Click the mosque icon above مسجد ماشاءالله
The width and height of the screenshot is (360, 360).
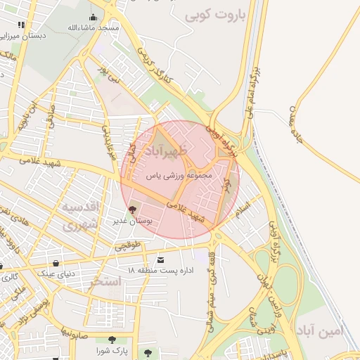(94, 18)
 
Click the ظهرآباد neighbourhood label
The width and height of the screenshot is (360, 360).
(167, 151)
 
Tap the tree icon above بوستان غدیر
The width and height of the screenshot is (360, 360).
(131, 210)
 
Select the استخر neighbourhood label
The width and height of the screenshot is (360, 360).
(105, 281)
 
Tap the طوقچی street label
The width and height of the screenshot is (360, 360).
(128, 245)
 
